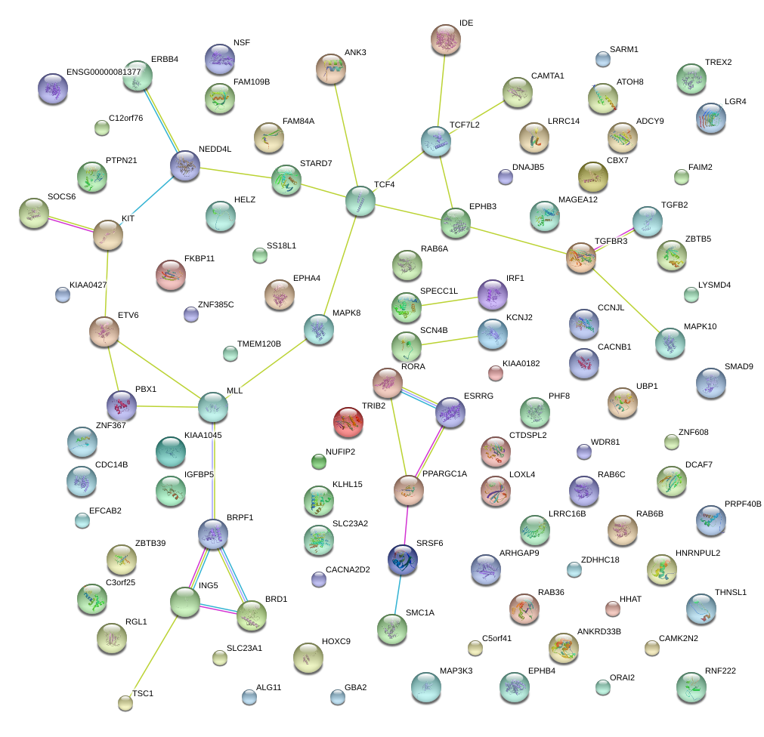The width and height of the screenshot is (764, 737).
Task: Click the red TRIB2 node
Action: (348, 421)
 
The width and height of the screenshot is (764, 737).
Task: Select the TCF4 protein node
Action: (360, 201)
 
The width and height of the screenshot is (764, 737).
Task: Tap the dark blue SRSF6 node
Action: (403, 560)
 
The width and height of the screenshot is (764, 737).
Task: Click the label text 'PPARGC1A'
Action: (444, 473)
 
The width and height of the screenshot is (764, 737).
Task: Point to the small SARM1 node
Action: (603, 60)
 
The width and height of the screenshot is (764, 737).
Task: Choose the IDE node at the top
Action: (445, 39)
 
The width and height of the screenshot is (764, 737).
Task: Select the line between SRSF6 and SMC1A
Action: (397, 595)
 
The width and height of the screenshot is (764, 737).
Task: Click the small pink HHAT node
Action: (612, 609)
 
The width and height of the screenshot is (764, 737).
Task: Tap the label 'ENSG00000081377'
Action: (104, 72)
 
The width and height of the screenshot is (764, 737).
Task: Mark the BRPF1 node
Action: (213, 534)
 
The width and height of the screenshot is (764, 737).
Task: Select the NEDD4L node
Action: (184, 165)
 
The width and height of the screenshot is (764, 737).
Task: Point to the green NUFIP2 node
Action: (319, 461)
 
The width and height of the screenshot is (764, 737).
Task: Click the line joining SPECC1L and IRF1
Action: (449, 301)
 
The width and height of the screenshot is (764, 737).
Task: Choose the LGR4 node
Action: (711, 118)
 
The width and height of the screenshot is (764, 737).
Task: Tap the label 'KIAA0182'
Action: (521, 364)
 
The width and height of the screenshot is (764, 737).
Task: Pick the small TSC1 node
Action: (125, 703)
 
